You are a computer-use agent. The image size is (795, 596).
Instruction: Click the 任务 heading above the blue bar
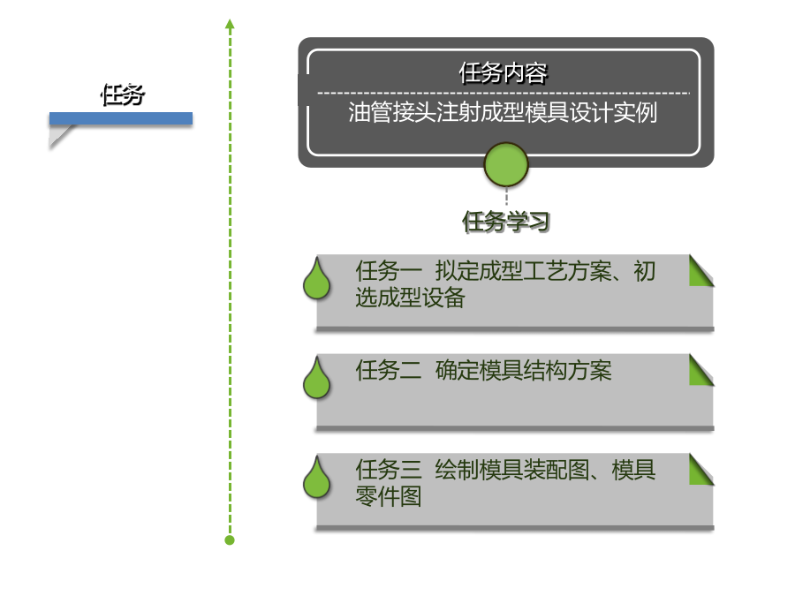(123, 94)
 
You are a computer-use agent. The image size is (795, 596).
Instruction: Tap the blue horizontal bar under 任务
(121, 118)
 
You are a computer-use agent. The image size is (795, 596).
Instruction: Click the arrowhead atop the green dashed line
(230, 24)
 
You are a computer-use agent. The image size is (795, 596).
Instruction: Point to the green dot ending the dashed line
(230, 540)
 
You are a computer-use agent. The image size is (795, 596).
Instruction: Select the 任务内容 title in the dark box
(503, 73)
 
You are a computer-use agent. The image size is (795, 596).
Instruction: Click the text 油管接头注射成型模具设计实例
(503, 112)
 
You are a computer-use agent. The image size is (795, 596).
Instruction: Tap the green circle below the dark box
(506, 165)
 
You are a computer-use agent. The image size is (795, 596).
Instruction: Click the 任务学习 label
(505, 222)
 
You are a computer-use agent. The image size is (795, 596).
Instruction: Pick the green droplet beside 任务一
(317, 279)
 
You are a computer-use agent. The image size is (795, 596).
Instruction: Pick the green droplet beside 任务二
(317, 378)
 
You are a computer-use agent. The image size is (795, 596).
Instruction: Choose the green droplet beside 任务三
(317, 478)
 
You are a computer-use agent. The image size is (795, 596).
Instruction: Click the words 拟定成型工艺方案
(523, 271)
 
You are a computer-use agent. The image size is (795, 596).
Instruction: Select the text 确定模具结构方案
(523, 371)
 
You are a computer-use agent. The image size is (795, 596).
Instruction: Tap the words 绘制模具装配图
(512, 470)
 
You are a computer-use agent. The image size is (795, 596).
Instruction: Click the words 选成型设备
(410, 298)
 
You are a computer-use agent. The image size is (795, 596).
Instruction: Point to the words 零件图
(389, 496)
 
